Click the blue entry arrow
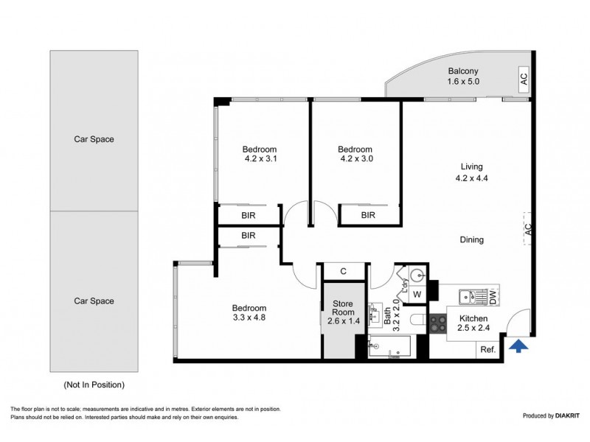tap(519, 345)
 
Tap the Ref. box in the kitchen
tap(487, 349)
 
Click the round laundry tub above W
tap(417, 276)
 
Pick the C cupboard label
tap(344, 272)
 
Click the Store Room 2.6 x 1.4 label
tap(343, 312)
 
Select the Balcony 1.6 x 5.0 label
tap(463, 77)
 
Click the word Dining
tap(471, 239)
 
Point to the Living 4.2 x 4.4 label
tap(471, 172)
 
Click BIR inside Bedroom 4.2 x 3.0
tap(368, 215)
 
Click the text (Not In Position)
tap(94, 385)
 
